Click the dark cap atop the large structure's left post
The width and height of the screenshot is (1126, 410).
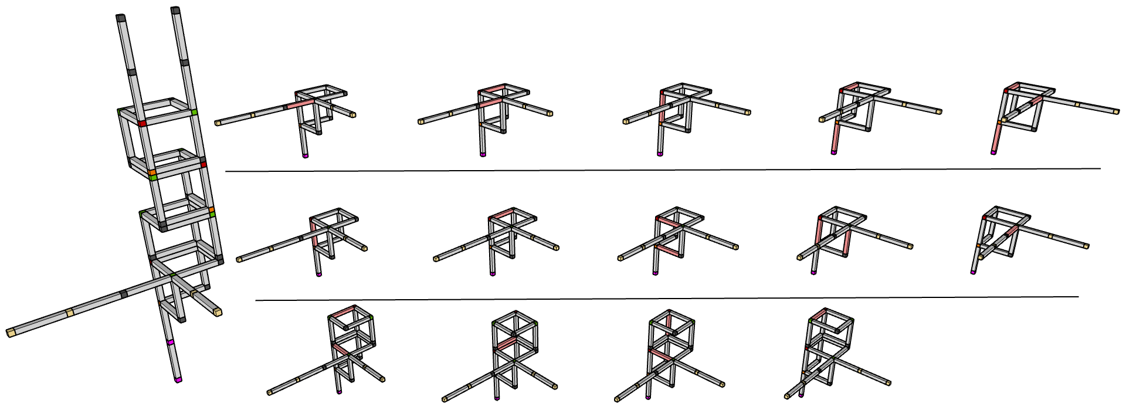coord(121,18)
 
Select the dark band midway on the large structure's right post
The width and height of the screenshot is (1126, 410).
coord(185,62)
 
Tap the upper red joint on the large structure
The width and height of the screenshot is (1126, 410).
coord(143,124)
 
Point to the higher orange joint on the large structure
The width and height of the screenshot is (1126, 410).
coord(152,172)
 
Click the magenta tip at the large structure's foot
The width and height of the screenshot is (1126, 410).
coord(178,381)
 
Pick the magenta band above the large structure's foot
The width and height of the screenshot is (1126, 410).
coord(170,342)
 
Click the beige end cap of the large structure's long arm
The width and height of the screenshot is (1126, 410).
coord(10,333)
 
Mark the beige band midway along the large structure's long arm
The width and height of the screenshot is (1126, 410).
coord(70,313)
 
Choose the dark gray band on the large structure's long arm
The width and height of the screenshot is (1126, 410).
coord(123,293)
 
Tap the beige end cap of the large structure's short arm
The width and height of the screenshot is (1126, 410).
coord(218,313)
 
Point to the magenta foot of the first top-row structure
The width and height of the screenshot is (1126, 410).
coord(305,156)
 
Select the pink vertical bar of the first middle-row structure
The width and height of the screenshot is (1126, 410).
coord(315,233)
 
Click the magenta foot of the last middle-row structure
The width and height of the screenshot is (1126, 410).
coord(973,272)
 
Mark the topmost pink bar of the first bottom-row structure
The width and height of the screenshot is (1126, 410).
coord(343,311)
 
